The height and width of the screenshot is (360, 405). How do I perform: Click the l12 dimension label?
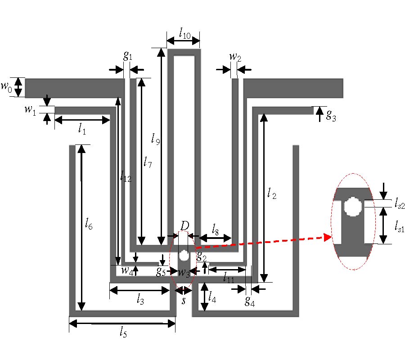pyautogui.click(x=126, y=177)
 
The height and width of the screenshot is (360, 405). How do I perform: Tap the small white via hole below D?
pyautogui.click(x=184, y=256)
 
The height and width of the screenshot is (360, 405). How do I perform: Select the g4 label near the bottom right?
pyautogui.click(x=249, y=301)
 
